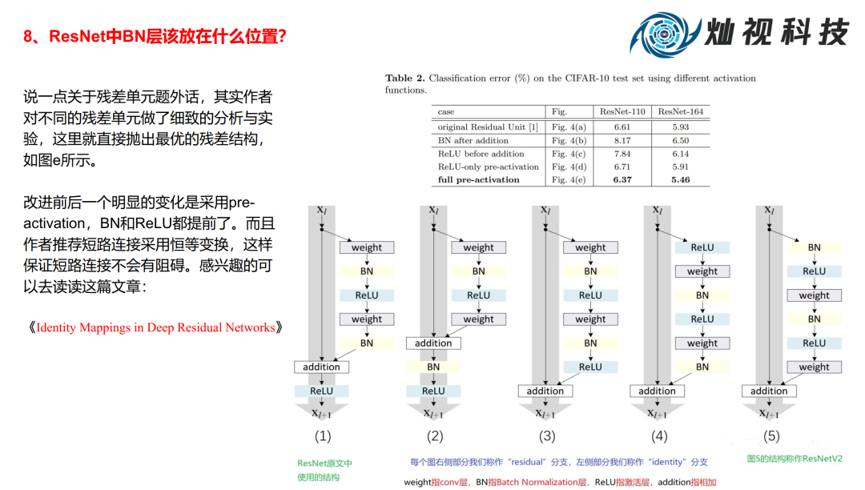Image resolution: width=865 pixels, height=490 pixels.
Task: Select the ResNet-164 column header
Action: click(x=681, y=111)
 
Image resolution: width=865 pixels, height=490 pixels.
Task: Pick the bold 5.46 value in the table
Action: click(x=681, y=179)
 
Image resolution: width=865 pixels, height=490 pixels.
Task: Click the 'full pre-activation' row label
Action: click(x=478, y=179)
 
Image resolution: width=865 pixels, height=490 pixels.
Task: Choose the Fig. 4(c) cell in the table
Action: click(x=568, y=154)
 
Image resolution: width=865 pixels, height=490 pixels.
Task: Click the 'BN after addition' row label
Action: click(x=473, y=140)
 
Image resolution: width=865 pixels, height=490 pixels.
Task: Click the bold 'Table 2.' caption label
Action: click(x=404, y=78)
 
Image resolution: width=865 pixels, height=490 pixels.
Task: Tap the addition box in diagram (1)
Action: click(x=321, y=367)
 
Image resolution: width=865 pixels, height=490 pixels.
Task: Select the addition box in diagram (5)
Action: click(x=769, y=391)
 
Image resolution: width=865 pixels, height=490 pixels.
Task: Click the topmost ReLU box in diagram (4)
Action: click(x=702, y=247)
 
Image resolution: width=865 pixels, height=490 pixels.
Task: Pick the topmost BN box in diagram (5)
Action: click(x=814, y=247)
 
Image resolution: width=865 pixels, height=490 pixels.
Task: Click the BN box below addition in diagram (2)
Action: click(x=433, y=367)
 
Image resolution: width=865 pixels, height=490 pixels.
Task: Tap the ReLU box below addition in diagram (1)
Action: click(x=321, y=391)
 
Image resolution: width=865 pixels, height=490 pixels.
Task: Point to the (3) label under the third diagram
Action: click(x=547, y=436)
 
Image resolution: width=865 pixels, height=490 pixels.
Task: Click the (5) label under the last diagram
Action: click(x=770, y=436)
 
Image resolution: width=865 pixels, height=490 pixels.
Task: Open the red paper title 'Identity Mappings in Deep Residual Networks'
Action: click(x=152, y=327)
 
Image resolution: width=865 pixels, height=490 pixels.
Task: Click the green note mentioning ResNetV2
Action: click(x=795, y=460)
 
